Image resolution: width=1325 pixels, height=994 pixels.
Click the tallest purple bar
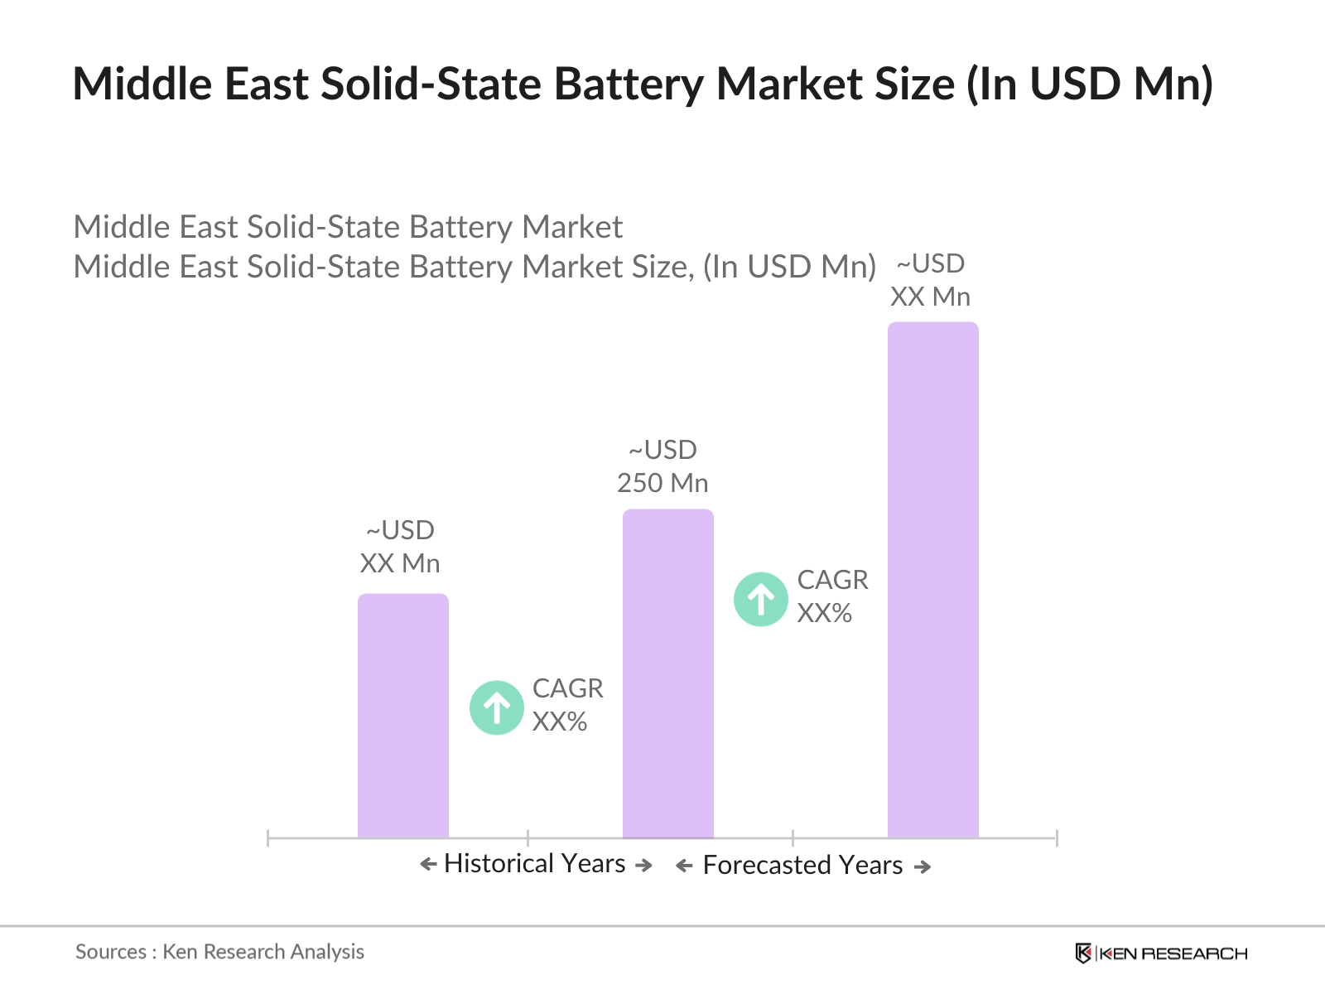(x=932, y=580)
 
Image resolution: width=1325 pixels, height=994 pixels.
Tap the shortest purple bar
(x=402, y=716)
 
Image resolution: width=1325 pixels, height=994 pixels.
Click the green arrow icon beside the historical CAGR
(x=496, y=707)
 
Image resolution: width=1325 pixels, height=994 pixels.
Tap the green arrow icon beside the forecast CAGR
(x=760, y=599)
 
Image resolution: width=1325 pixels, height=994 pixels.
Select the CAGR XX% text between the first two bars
(x=567, y=705)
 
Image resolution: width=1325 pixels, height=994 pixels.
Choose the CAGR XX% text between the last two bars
(x=832, y=596)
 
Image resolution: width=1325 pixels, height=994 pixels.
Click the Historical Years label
(x=534, y=863)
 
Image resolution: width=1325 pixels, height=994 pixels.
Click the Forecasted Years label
(x=802, y=865)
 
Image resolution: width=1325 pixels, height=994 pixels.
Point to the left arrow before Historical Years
(x=428, y=865)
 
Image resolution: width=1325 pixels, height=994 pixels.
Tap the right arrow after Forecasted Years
(x=923, y=866)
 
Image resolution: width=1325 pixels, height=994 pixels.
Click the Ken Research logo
(x=1161, y=953)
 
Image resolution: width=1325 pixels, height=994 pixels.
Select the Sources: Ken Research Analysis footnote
(x=219, y=952)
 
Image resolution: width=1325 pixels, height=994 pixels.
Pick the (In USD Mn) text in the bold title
(x=1090, y=84)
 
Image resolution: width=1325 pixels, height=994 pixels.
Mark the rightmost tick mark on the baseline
(x=1057, y=838)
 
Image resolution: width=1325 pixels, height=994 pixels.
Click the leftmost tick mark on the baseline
(x=268, y=838)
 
